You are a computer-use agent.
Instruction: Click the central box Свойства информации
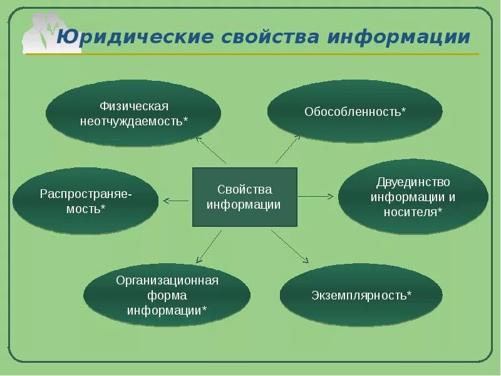[244, 197]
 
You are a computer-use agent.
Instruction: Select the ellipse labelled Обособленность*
[355, 112]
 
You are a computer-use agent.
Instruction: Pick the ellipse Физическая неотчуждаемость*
[133, 113]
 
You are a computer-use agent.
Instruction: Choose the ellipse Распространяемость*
[85, 201]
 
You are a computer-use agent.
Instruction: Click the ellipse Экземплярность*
[361, 295]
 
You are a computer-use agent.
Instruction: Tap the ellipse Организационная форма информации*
[167, 295]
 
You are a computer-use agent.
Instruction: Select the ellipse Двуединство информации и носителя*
[413, 197]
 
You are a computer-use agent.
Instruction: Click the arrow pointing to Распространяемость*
[176, 201]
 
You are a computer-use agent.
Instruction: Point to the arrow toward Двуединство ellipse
[316, 196]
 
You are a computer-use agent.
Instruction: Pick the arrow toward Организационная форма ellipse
[209, 246]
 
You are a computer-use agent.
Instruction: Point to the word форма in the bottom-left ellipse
[167, 295]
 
